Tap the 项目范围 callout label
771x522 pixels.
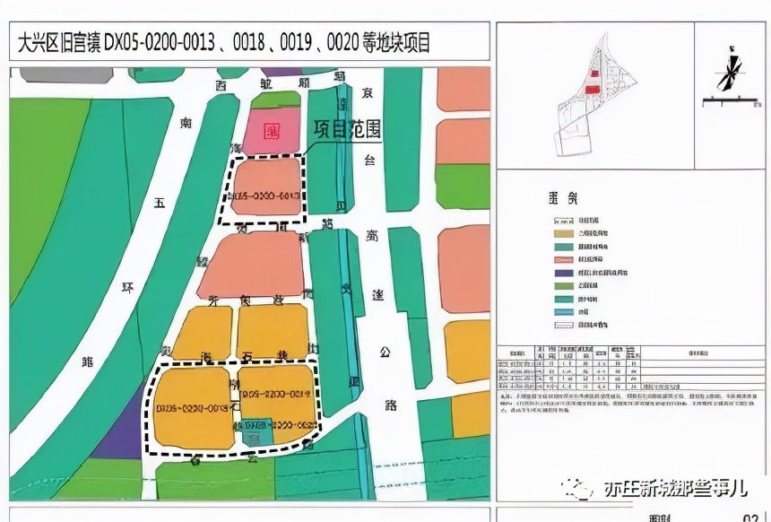tap(348, 129)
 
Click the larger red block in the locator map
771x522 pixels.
tap(592, 87)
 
